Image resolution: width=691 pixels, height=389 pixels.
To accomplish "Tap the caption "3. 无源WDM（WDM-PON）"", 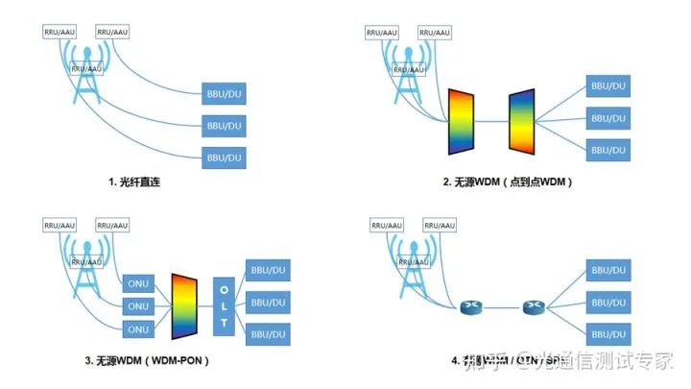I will pyautogui.click(x=147, y=361).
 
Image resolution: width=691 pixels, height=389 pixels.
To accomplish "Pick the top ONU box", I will pyautogui.click(x=138, y=283).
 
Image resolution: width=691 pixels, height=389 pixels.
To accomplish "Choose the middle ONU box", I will pyautogui.click(x=138, y=306).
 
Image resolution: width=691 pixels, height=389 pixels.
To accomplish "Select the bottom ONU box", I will pyautogui.click(x=138, y=329).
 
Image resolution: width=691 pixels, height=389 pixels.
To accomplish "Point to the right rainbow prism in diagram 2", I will pyautogui.click(x=522, y=121).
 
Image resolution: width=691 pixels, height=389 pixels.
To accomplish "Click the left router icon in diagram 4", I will pyautogui.click(x=472, y=308).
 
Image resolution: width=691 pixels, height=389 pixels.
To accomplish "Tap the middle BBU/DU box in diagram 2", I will pyautogui.click(x=608, y=118).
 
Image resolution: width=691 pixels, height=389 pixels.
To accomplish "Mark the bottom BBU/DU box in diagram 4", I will pyautogui.click(x=608, y=333).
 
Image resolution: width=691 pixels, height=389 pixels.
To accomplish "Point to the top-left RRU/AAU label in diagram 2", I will pyautogui.click(x=381, y=33).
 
